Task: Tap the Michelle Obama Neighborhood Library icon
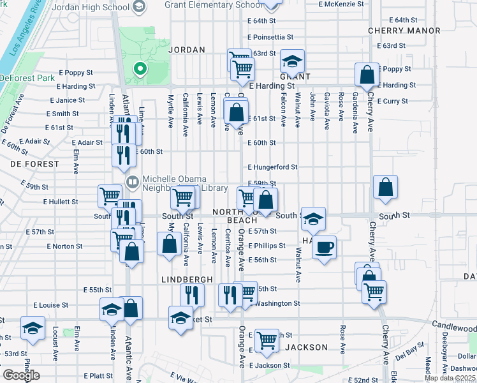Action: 133,182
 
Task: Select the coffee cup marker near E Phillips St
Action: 324,246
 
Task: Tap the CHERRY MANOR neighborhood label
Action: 404,31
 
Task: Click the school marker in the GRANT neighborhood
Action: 293,61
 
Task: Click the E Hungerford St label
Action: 273,167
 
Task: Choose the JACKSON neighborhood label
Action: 306,347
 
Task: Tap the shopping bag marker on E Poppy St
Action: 367,76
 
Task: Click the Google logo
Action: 21,375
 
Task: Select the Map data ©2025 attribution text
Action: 449,378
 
